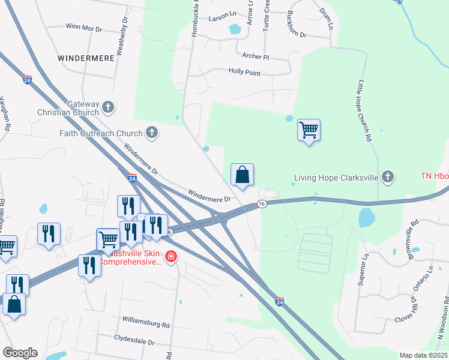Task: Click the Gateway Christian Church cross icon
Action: click(108, 108)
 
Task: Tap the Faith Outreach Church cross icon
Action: click(152, 133)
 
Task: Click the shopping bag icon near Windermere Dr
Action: click(242, 175)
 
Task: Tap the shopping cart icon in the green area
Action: click(309, 130)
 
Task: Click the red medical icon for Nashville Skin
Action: click(171, 257)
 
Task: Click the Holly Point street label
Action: click(245, 72)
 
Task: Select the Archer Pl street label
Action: click(256, 56)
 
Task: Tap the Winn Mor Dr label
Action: click(83, 26)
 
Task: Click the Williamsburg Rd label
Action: click(146, 323)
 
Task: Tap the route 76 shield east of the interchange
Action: click(261, 205)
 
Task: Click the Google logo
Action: click(20, 353)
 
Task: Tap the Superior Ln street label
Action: click(363, 270)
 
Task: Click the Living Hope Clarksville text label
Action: click(336, 178)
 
